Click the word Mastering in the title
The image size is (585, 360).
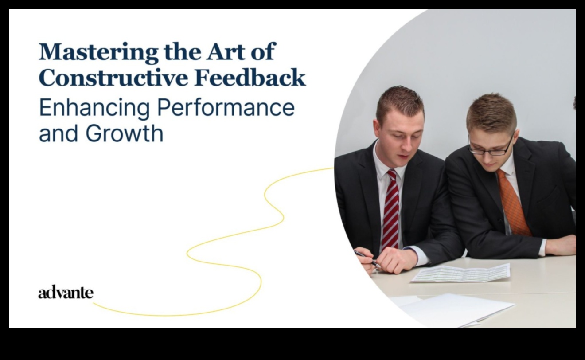click(x=98, y=52)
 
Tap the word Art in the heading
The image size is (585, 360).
click(x=226, y=51)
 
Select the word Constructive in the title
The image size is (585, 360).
click(x=113, y=77)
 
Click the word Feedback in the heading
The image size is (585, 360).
click(x=250, y=77)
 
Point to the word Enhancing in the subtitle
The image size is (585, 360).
click(x=94, y=108)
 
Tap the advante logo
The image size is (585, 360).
click(x=66, y=292)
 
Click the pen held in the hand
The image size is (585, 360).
click(x=367, y=259)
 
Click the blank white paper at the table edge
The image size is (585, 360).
click(x=456, y=310)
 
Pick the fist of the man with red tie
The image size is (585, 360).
click(x=395, y=260)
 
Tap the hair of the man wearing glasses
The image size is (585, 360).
click(x=491, y=112)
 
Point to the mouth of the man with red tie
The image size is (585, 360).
click(x=403, y=157)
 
